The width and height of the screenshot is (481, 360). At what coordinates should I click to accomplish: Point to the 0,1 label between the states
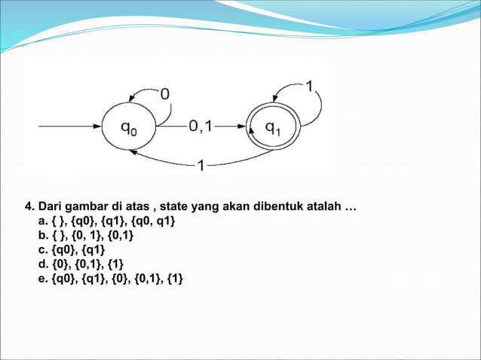coord(201,127)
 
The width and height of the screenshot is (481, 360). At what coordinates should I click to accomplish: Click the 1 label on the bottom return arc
coord(201,165)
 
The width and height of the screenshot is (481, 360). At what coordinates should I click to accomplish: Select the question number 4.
coord(29,206)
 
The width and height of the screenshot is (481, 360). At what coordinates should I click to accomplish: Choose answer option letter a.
coord(41,221)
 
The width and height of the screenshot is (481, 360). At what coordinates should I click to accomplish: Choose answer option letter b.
coord(41,235)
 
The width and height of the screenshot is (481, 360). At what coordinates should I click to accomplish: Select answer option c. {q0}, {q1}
coord(72,249)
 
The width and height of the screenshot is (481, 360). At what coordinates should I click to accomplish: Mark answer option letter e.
coord(41,278)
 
